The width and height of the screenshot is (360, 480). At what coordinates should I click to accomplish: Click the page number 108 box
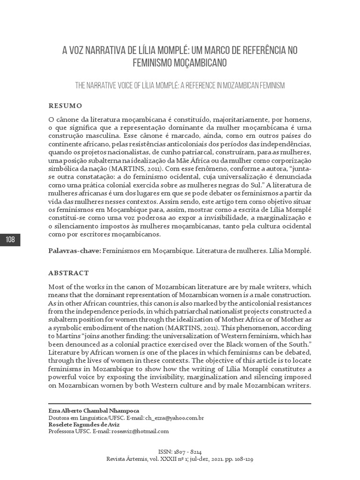(10, 240)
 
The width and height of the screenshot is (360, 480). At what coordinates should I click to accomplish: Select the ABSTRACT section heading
(68, 272)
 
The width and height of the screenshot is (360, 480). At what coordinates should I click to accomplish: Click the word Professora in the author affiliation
(62, 431)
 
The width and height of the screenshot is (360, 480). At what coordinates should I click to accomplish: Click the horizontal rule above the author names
(180, 403)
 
